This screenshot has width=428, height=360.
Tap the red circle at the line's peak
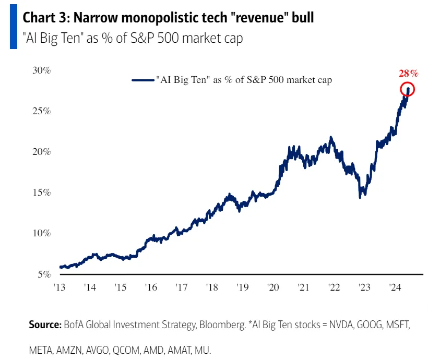(408, 90)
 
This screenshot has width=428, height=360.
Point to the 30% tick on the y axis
(41, 71)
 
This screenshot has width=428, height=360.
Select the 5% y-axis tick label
(44, 274)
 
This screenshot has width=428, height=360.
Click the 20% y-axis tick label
(41, 152)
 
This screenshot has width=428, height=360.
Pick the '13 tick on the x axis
(60, 287)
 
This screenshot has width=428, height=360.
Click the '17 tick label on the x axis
(181, 287)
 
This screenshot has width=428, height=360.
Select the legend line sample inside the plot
(142, 80)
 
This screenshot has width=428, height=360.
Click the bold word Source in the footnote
(44, 325)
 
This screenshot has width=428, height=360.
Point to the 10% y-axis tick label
(41, 233)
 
